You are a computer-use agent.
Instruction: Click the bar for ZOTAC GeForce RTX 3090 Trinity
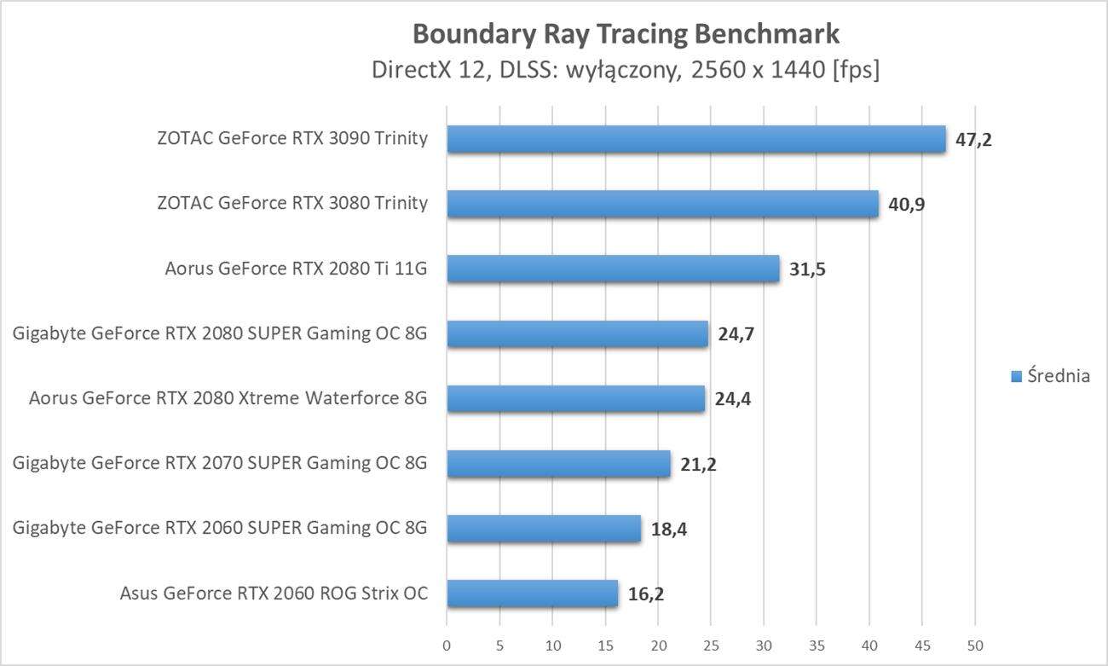[x=695, y=139]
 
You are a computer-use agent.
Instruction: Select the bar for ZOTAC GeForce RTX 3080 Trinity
[x=662, y=204]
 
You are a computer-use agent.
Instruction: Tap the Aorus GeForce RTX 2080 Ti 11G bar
[x=613, y=269]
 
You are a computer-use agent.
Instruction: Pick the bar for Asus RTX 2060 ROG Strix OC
[x=532, y=594]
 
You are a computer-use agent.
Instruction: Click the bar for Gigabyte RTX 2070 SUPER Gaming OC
[x=558, y=464]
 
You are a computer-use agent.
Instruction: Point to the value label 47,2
[x=973, y=140]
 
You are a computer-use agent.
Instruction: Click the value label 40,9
[x=906, y=205]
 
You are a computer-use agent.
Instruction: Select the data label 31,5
[x=807, y=269]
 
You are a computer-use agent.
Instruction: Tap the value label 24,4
[x=733, y=399]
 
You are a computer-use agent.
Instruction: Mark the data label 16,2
[x=646, y=594]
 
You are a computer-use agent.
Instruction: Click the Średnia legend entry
[x=1050, y=376]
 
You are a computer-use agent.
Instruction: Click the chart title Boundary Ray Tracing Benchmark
[x=626, y=33]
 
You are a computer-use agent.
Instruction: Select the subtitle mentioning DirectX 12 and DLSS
[x=626, y=70]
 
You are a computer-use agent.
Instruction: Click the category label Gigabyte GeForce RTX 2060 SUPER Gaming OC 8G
[x=220, y=529]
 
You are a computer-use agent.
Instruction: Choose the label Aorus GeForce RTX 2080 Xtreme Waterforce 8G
[x=228, y=398]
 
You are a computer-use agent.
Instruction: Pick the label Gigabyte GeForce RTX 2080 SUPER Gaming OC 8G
[x=220, y=333]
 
